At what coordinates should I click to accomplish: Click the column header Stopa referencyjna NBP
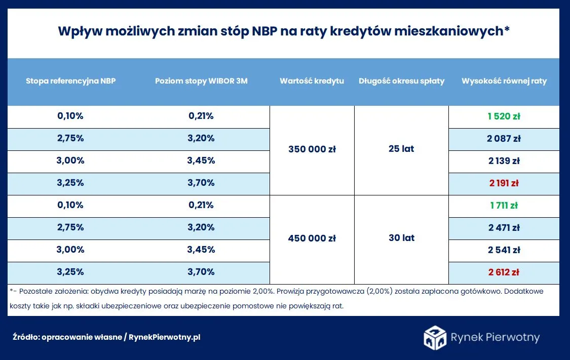(x=70, y=81)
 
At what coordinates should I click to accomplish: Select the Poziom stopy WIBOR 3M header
(x=201, y=81)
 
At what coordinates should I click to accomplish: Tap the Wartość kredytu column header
(x=312, y=81)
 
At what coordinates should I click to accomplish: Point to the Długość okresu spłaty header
(x=401, y=81)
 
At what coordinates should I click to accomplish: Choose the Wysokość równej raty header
(x=504, y=81)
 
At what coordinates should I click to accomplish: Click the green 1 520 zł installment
(x=504, y=116)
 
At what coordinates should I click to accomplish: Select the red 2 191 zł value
(x=504, y=183)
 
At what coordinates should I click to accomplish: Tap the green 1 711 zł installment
(x=504, y=206)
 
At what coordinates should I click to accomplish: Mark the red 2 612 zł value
(x=504, y=272)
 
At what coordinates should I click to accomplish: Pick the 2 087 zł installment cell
(x=504, y=138)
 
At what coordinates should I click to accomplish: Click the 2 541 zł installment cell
(x=504, y=250)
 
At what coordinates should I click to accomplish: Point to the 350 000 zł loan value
(x=312, y=149)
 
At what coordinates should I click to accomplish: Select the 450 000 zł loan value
(x=312, y=238)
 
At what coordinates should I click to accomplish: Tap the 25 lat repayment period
(x=401, y=149)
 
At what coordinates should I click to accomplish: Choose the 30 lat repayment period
(x=401, y=238)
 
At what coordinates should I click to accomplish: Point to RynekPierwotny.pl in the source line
(x=165, y=337)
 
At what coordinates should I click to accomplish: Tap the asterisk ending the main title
(x=506, y=29)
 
